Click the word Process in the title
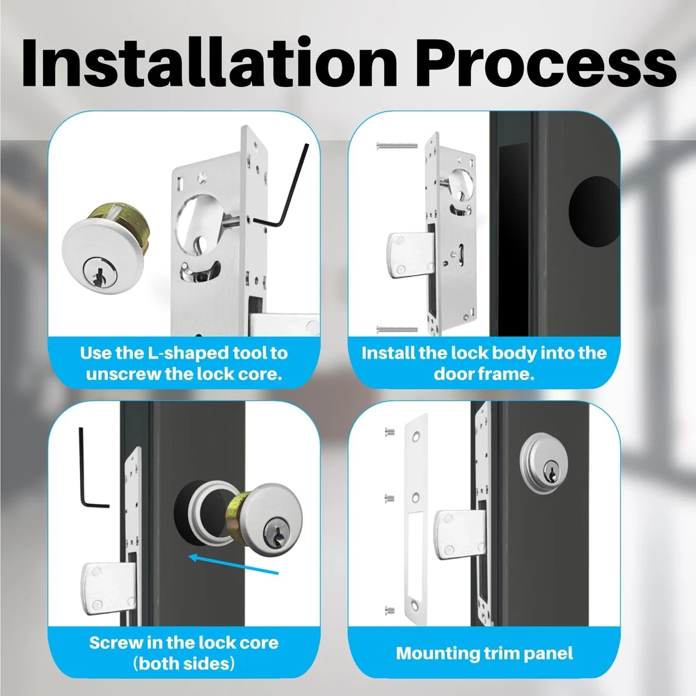point(546,62)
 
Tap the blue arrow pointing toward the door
point(233,564)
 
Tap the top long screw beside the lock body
point(397,145)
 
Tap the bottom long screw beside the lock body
point(397,329)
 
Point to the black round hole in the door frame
point(594,212)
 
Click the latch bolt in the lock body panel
point(411,255)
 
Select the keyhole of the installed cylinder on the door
point(551,472)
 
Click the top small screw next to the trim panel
point(389,431)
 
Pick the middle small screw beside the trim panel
point(389,498)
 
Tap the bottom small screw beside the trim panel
point(389,610)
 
